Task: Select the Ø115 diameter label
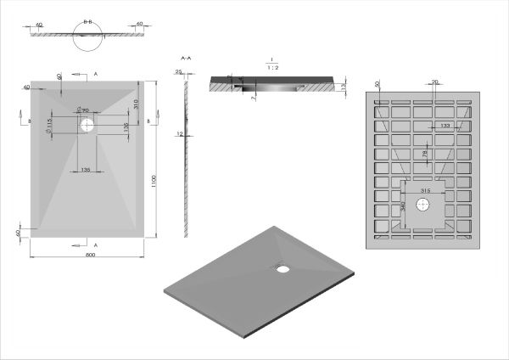pyautogui.click(x=50, y=126)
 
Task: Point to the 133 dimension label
pyautogui.click(x=444, y=126)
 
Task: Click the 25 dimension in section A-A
pyautogui.click(x=179, y=72)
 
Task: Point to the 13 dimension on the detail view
pyautogui.click(x=342, y=87)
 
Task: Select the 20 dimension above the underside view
pyautogui.click(x=435, y=82)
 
